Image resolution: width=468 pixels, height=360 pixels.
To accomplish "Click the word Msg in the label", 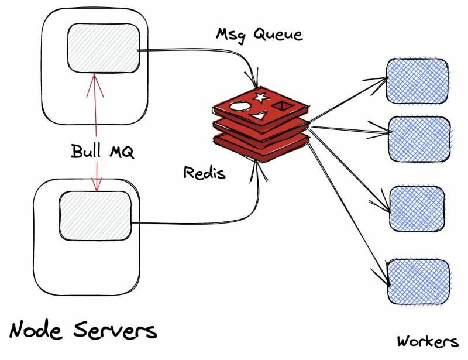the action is point(230,36).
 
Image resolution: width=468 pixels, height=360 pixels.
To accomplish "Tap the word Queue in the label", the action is point(278,34).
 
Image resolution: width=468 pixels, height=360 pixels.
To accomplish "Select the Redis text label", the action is point(204,172).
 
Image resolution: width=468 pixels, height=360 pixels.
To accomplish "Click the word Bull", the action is point(85,150).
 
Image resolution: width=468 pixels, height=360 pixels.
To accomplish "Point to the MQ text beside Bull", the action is point(122,151).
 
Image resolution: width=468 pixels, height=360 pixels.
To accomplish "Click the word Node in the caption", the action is point(36,329).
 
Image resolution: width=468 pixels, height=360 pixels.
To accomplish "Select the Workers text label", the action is point(427,341).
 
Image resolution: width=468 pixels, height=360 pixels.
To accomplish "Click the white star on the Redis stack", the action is point(261,97).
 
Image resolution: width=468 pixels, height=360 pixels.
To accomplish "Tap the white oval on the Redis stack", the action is point(240,106).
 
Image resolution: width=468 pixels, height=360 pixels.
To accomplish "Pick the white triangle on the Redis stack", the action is point(259,116).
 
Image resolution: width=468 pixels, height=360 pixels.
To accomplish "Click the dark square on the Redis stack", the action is point(280,105).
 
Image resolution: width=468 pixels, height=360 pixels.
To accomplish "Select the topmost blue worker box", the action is point(417,81).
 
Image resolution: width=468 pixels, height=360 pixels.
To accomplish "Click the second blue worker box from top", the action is point(419,139).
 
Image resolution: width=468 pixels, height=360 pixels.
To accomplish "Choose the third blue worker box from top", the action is point(417,208).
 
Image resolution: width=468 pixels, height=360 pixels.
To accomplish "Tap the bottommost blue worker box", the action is point(418,282).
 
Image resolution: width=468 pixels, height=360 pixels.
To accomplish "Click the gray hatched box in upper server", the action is point(104,48).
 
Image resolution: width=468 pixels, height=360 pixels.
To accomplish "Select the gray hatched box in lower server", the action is point(95,215).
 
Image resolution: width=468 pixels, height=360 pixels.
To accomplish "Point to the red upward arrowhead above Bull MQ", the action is point(95,85).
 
